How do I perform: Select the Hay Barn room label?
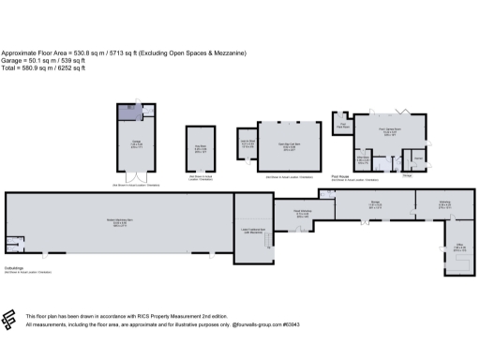tap(201, 146)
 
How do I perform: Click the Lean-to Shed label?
tap(248, 144)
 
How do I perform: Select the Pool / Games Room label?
tap(389, 132)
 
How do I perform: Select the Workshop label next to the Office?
tap(445, 206)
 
